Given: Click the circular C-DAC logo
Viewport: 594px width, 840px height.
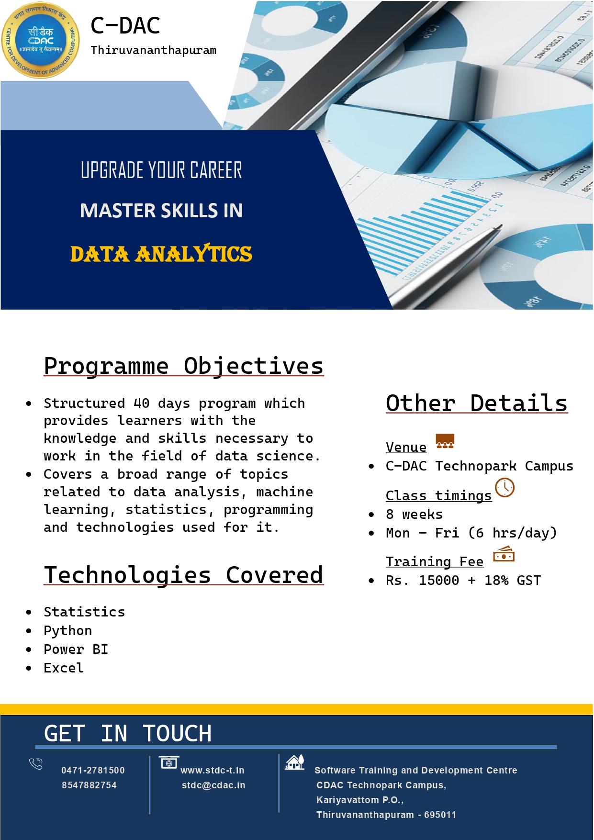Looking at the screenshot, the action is [41, 40].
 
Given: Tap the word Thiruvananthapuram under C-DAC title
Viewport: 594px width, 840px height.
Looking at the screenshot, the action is [154, 50].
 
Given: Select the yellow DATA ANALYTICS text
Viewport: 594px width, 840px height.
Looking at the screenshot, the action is [161, 254].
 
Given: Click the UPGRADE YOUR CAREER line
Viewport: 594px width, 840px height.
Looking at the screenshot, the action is [161, 170].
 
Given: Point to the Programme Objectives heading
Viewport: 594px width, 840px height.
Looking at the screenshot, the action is [184, 366].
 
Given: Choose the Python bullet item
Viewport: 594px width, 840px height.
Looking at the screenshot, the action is [68, 631].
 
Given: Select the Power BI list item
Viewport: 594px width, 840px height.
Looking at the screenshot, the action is [76, 650].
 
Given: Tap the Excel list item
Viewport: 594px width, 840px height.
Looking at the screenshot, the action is [64, 668].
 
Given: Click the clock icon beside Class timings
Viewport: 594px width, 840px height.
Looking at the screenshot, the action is [504, 487].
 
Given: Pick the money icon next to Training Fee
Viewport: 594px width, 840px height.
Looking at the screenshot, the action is [504, 554].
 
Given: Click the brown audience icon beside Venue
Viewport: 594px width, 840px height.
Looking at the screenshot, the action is [445, 441].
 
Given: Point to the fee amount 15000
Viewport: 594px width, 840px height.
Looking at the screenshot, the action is [439, 581].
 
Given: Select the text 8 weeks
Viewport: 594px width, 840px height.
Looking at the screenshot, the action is [415, 515].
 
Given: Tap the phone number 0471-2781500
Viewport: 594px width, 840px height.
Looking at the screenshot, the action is [93, 770].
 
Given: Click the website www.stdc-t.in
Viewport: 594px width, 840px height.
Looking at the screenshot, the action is [213, 770].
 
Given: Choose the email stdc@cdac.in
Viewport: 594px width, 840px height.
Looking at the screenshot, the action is [213, 785].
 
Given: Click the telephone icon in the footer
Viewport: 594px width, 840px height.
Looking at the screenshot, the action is [36, 763].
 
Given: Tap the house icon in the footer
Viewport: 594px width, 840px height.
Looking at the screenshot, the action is [295, 762].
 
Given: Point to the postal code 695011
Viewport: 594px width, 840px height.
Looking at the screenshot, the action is [440, 815].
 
